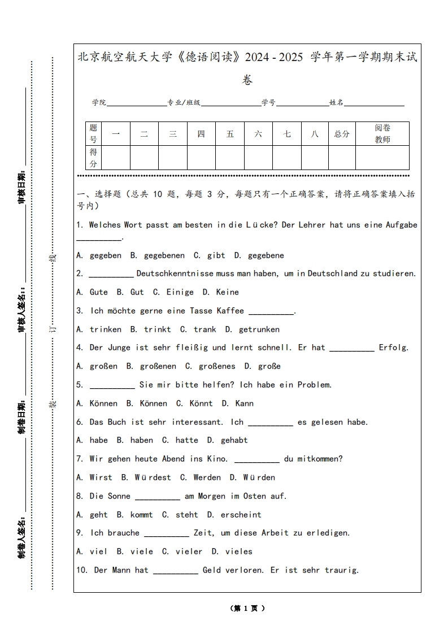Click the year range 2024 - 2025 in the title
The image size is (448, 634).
pos(274,58)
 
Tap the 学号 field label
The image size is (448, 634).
pos(268,103)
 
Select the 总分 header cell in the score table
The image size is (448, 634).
pos(342,134)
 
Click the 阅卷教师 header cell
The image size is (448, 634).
pos(382,134)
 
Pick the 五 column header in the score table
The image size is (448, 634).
pos(230,134)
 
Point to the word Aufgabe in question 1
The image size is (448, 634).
pos(401,225)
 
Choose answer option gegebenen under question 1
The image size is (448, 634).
pos(164,255)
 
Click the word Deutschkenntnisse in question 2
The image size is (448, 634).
pos(167,274)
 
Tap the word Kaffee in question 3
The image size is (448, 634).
pos(230,311)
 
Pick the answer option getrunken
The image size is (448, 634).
pos(259,329)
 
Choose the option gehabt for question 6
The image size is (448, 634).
pos(234,440)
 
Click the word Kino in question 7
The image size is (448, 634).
pos(215,459)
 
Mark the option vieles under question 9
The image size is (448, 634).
pos(238,552)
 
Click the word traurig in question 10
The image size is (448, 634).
pos(341,570)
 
